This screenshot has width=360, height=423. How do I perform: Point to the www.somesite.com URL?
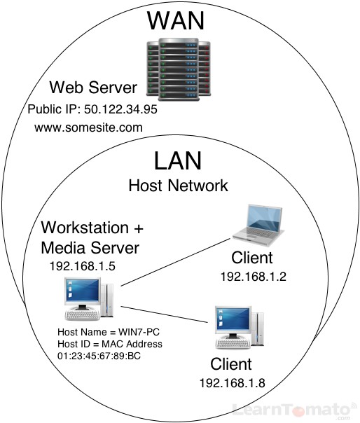[88, 128]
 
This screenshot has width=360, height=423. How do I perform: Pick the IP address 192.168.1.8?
[233, 382]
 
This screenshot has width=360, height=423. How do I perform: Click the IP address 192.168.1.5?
[83, 266]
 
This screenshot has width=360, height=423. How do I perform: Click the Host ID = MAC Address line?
[110, 344]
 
